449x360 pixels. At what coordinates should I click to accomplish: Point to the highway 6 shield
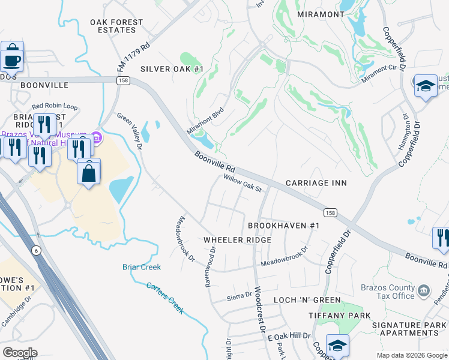[x=37, y=251]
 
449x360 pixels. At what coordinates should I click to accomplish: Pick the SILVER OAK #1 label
[x=172, y=69]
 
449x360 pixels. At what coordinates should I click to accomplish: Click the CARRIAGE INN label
[x=316, y=182]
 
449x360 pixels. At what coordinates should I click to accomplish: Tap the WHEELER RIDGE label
[x=237, y=240]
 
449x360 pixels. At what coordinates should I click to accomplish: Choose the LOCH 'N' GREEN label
[x=307, y=300]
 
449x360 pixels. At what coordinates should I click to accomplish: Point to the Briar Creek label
[x=142, y=267]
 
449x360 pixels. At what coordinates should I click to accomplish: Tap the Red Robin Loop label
[x=55, y=106]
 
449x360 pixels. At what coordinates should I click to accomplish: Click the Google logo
[x=19, y=353]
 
